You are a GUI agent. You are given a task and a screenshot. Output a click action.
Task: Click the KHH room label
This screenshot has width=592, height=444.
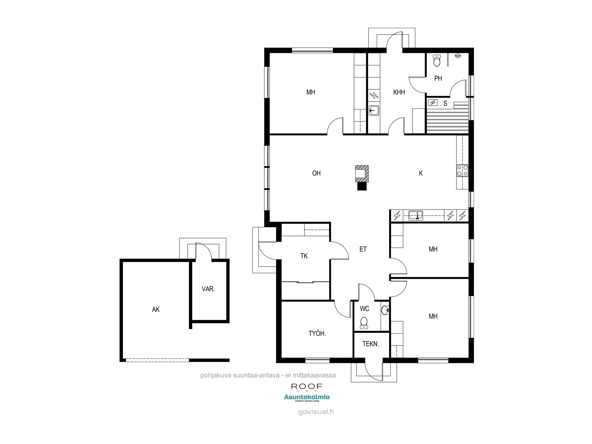click(x=399, y=92)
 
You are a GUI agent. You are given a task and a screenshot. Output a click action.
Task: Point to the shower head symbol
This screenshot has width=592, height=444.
click(x=458, y=56)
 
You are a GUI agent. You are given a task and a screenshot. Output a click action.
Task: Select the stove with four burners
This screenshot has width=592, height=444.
click(x=462, y=170)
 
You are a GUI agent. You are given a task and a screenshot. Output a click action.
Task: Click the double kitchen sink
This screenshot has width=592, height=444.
click(x=416, y=215)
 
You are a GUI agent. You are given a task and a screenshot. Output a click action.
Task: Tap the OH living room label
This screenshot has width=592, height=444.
click(x=316, y=173)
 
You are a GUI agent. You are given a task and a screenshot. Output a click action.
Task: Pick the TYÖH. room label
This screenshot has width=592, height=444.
click(x=317, y=334)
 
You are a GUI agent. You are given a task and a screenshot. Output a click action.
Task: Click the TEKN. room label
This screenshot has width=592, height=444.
click(x=371, y=344)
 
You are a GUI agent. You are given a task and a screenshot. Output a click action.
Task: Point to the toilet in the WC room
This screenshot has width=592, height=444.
click(x=364, y=323)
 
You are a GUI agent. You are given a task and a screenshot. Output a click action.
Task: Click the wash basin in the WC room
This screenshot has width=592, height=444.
click(x=385, y=310)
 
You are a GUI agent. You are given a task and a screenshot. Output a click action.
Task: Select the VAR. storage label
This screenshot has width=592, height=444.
click(x=208, y=289)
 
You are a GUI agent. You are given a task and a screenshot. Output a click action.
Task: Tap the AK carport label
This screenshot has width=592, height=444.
click(x=156, y=310)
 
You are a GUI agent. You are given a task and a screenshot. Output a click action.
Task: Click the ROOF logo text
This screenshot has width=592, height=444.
click(x=306, y=386)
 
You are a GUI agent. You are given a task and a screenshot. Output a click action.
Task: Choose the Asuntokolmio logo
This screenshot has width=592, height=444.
click(x=307, y=397)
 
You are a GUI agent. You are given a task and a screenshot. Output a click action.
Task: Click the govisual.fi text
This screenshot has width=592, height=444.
click(x=316, y=412)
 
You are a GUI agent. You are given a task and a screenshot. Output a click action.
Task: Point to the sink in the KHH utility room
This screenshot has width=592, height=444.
click(x=374, y=110)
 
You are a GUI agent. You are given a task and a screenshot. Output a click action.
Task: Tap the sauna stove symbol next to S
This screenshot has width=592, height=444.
click(x=433, y=103)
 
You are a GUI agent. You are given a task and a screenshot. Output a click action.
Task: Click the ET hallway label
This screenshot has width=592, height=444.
click(x=363, y=249)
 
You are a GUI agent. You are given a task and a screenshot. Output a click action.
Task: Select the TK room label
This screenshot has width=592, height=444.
click(x=304, y=256)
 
